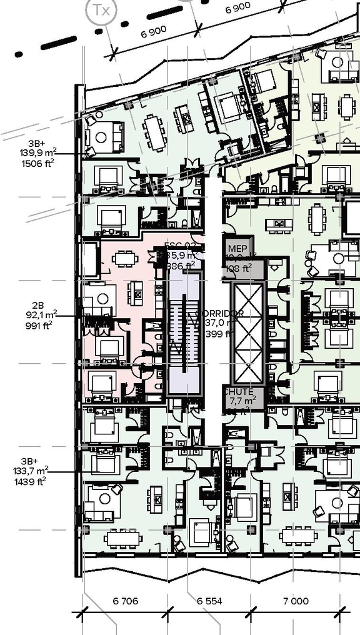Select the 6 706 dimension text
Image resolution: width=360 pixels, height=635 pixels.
click(x=126, y=601)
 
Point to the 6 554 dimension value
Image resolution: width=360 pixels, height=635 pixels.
click(x=209, y=601)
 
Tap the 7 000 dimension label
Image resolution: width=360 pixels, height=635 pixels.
click(x=296, y=601)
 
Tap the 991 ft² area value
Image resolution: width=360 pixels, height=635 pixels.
click(x=39, y=325)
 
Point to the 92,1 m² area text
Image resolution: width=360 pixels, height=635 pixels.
click(x=42, y=315)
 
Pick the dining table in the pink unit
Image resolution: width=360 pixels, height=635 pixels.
click(x=126, y=258)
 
